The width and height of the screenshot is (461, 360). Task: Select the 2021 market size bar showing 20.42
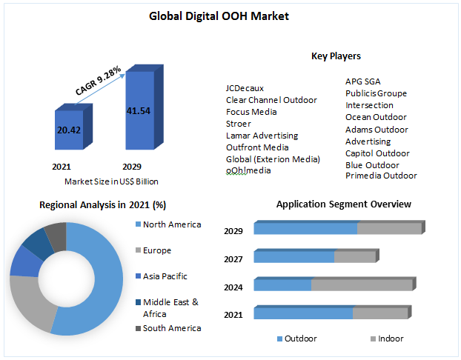(71, 132)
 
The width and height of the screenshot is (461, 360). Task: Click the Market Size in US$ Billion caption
(111, 181)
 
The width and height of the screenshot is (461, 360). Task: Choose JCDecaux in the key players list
(245, 87)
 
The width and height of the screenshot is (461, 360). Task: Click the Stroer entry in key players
(239, 124)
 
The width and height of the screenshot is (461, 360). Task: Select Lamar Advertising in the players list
(262, 136)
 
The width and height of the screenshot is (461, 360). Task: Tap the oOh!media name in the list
(248, 170)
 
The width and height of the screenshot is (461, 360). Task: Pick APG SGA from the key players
(363, 81)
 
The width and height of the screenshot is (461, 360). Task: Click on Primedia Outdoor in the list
(381, 176)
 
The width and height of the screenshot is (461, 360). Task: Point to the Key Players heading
(336, 56)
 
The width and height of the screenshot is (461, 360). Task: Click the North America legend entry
(171, 224)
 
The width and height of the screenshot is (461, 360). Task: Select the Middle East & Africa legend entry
(170, 307)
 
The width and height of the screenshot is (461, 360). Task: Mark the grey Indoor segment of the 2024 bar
(362, 285)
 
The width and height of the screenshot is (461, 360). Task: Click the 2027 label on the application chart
(233, 259)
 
